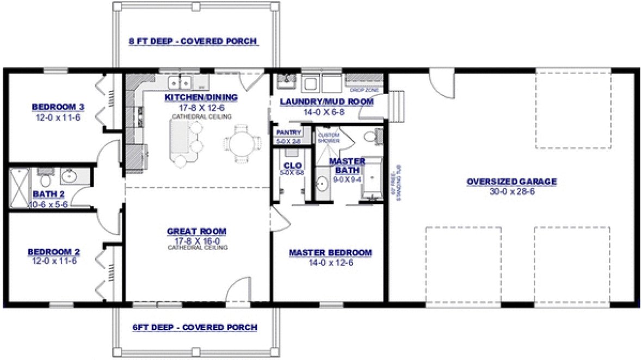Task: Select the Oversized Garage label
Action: (x=511, y=182)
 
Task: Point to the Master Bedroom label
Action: (x=330, y=253)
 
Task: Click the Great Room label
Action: (x=196, y=232)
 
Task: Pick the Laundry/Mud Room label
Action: (x=326, y=102)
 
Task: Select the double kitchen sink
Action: (x=180, y=83)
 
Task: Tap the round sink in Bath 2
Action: (x=70, y=176)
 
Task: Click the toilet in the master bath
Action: (x=370, y=136)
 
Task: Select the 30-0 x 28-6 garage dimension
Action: (x=511, y=191)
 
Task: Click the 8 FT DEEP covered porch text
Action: (x=193, y=41)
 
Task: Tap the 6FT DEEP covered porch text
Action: (x=194, y=327)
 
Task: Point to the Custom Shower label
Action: (x=328, y=138)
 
